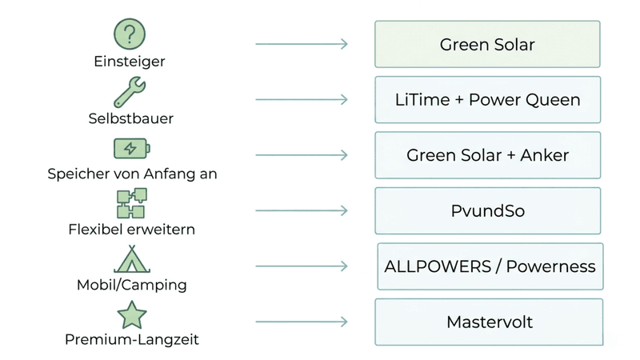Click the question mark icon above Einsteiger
coord(130,34)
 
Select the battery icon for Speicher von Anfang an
coord(131,149)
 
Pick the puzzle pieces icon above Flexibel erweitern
coord(131,204)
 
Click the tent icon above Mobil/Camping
coord(131,259)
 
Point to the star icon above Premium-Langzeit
coord(131,315)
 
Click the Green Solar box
coord(487,44)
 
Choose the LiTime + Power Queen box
coord(487,100)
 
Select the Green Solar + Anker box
coord(487,155)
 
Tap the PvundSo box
coord(487,211)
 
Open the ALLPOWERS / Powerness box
coord(490,266)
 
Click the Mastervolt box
coord(489,322)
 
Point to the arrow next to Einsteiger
coord(302,44)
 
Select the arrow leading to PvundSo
coord(302,211)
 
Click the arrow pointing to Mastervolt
coord(302,322)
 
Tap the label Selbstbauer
coord(131,118)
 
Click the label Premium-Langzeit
coord(131,340)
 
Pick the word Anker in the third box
coord(544,155)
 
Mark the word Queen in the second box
coord(553,100)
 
